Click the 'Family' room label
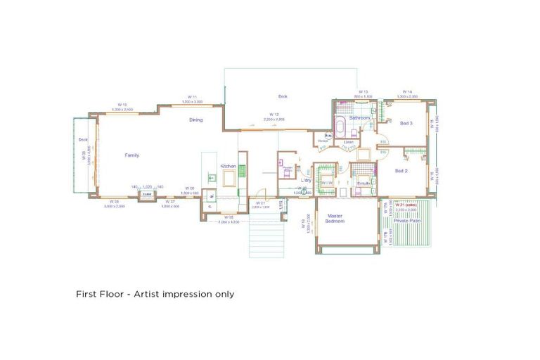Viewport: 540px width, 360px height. (x=132, y=155)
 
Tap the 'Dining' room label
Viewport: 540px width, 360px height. (x=195, y=120)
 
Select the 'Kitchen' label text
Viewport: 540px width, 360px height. (x=229, y=166)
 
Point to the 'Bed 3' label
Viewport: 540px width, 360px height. (x=406, y=123)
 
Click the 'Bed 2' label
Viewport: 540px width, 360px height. (x=401, y=171)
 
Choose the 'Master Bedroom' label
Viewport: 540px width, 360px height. (x=335, y=219)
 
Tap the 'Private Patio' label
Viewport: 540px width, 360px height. (x=407, y=221)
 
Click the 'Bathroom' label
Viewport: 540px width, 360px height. (x=360, y=117)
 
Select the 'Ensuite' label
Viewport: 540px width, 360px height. (x=364, y=183)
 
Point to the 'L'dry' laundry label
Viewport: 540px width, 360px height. (x=307, y=181)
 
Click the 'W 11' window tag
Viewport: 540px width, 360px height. (x=192, y=96)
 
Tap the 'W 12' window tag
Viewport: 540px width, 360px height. (x=274, y=114)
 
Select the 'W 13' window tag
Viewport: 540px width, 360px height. (x=363, y=91)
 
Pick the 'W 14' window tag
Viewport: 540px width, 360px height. (x=407, y=91)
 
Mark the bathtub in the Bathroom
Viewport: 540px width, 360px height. (x=339, y=131)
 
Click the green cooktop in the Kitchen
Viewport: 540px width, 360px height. (x=242, y=170)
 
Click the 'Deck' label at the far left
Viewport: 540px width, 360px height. (x=82, y=139)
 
